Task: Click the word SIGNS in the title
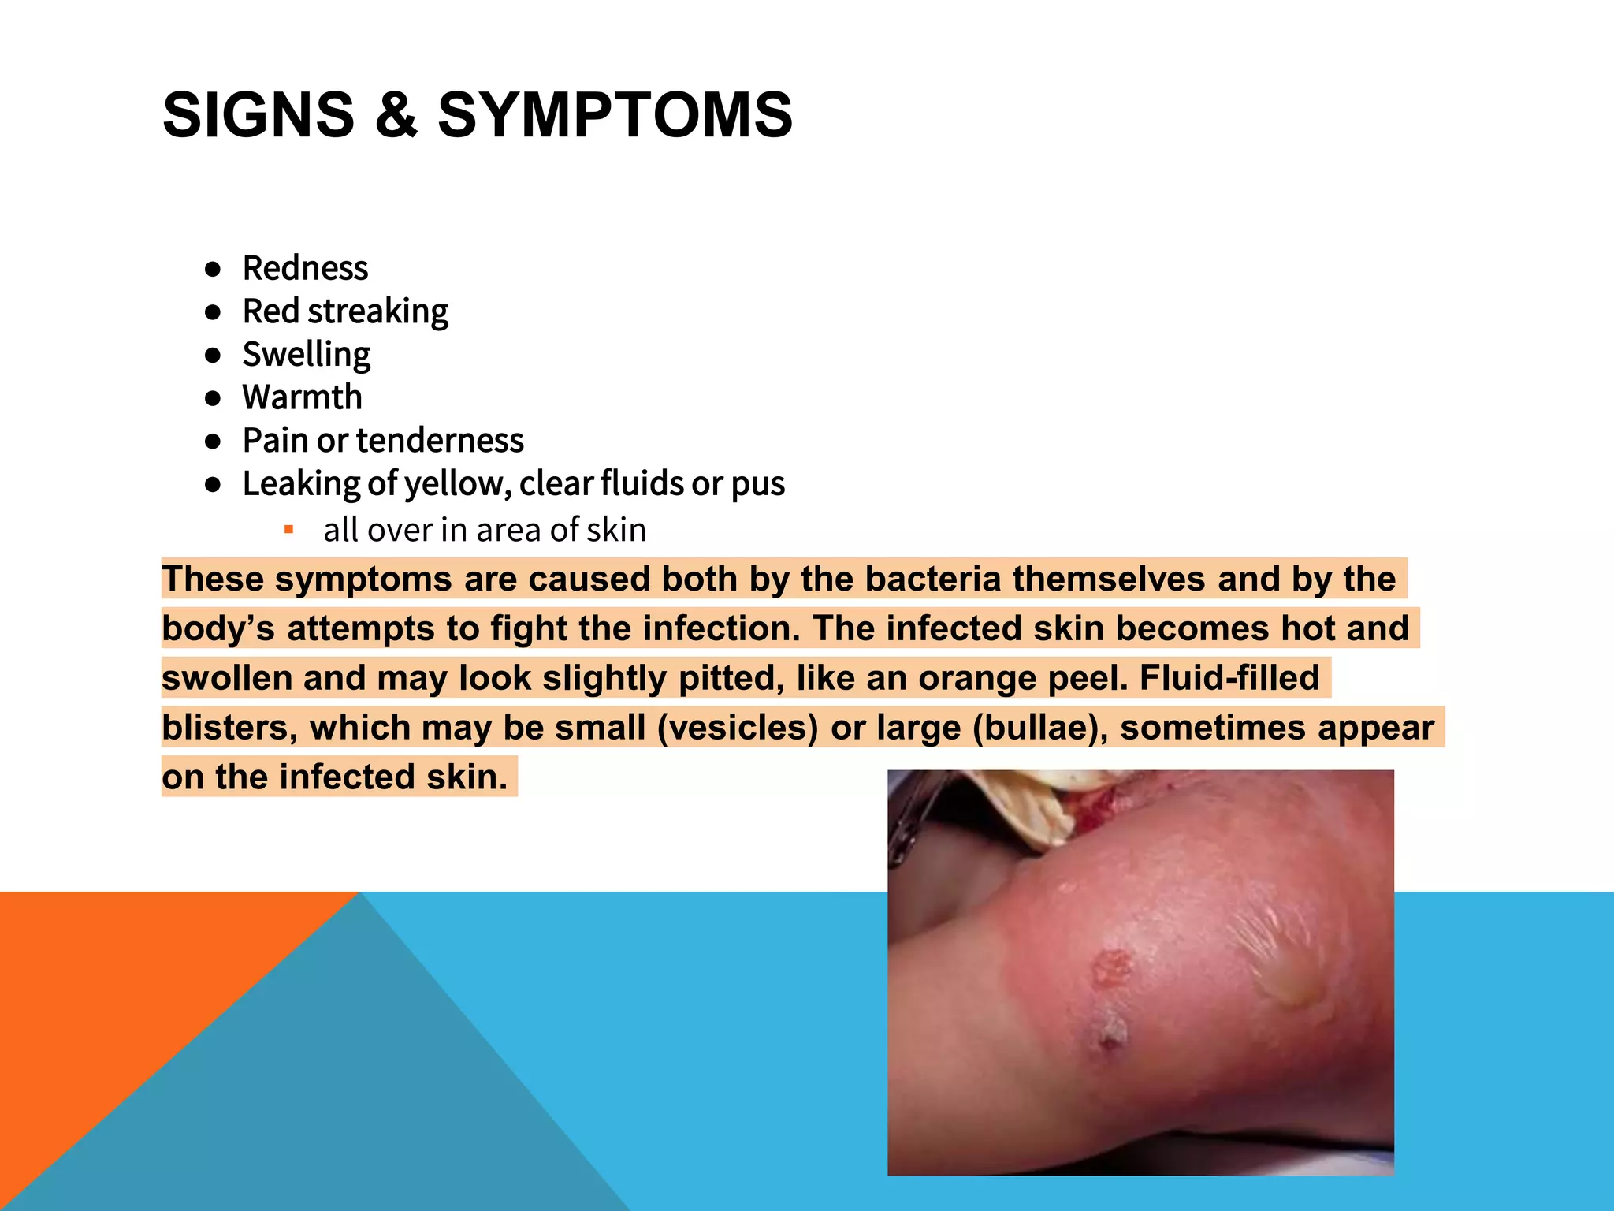coord(258,115)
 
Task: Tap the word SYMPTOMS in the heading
coord(615,115)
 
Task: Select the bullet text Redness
coord(305,268)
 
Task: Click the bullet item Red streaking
coord(345,311)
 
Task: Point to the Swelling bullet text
coord(306,355)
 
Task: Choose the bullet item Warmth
coord(302,397)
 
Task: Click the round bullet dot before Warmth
coord(212,398)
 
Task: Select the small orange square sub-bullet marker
coord(289,529)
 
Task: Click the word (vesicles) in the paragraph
coord(738,728)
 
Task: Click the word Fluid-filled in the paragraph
coord(1229,678)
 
